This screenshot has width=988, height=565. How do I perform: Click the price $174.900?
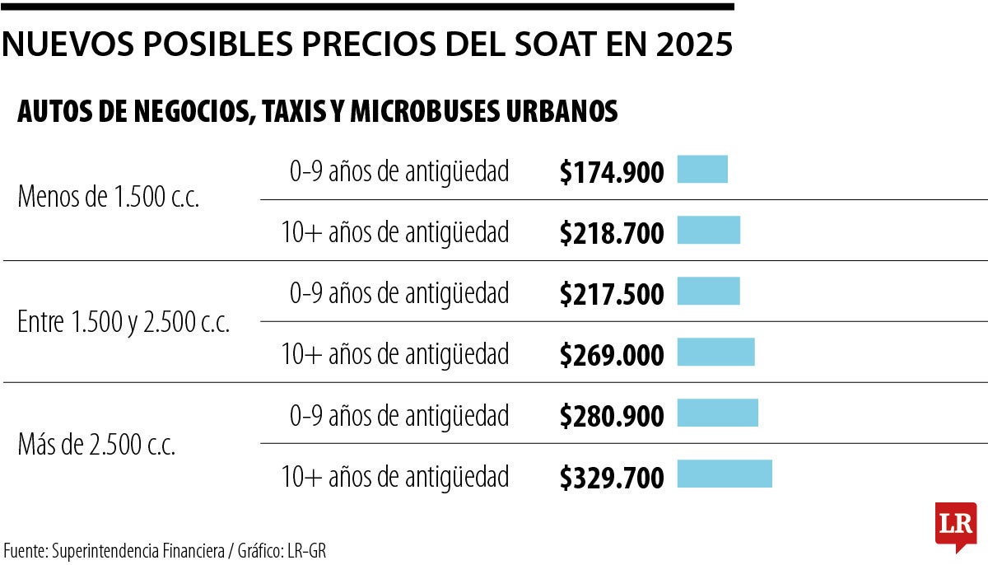coord(611,173)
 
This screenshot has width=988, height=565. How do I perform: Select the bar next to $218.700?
coord(708,231)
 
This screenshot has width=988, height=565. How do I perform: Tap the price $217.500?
coord(611,294)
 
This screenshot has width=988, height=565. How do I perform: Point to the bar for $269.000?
coord(715,353)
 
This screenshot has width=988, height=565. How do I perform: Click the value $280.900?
coord(611,416)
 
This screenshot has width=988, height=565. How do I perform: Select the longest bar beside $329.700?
coord(725,474)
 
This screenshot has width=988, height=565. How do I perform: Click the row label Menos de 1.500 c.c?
coord(108,198)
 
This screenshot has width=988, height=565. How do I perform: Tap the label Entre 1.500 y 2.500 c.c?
coord(123,323)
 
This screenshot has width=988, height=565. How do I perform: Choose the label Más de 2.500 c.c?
coord(96,446)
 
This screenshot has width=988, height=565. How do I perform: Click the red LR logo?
coord(955,524)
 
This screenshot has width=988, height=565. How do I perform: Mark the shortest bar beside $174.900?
coord(702,170)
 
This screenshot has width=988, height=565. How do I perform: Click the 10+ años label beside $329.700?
coord(394,477)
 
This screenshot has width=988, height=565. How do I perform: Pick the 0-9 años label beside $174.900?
coord(398,172)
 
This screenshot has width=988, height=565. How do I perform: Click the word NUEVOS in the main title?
coord(67,44)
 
